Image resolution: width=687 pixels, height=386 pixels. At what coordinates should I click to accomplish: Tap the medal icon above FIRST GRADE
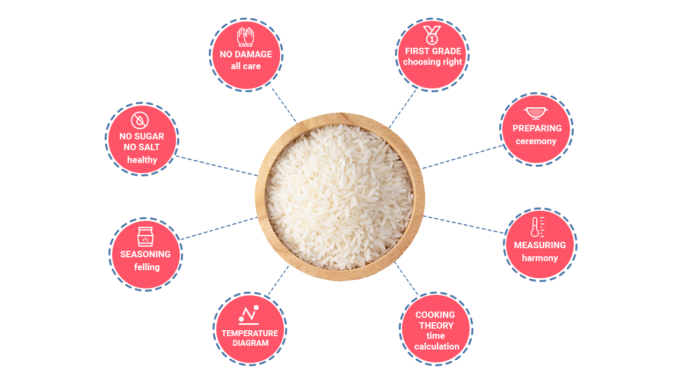[432, 35]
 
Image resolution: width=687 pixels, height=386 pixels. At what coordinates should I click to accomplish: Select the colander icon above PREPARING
[536, 113]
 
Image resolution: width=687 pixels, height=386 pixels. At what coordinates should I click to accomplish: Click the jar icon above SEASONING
[145, 236]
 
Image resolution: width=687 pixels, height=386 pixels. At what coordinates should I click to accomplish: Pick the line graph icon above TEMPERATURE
[249, 315]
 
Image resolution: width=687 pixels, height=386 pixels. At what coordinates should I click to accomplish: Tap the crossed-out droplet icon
[140, 120]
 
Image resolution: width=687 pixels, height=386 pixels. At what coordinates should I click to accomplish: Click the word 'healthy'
[142, 160]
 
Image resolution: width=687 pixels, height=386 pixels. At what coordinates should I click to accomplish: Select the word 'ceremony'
[536, 142]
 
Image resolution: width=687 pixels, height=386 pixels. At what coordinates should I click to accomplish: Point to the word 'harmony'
[540, 258]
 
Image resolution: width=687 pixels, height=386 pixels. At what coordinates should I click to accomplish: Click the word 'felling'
[147, 267]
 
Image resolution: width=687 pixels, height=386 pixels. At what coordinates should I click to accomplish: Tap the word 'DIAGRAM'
[250, 343]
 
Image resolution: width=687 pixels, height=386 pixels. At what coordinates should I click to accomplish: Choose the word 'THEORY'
[436, 325]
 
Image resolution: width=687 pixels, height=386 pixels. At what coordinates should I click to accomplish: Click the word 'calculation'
[436, 346]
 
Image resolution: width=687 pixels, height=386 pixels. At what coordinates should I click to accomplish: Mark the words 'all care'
[246, 66]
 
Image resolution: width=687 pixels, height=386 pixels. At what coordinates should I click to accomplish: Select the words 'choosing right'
[433, 62]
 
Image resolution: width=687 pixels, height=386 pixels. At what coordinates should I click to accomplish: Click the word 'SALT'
[149, 147]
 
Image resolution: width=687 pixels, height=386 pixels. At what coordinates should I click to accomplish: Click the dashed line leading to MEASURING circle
[464, 225]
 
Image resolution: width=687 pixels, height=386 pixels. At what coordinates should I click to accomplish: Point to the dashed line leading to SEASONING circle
[217, 228]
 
